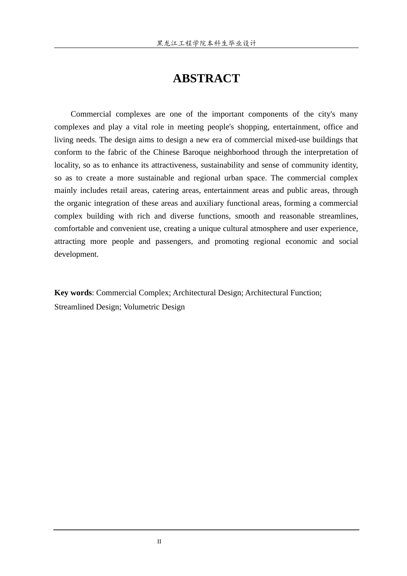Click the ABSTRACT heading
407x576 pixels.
pos(206,78)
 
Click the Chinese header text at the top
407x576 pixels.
pos(206,43)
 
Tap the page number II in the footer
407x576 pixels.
pos(159,542)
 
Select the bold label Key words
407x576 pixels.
pos(73,293)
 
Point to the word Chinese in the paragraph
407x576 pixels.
pos(166,152)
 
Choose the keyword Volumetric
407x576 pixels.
pos(142,307)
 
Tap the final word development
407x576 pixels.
pos(76,254)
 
